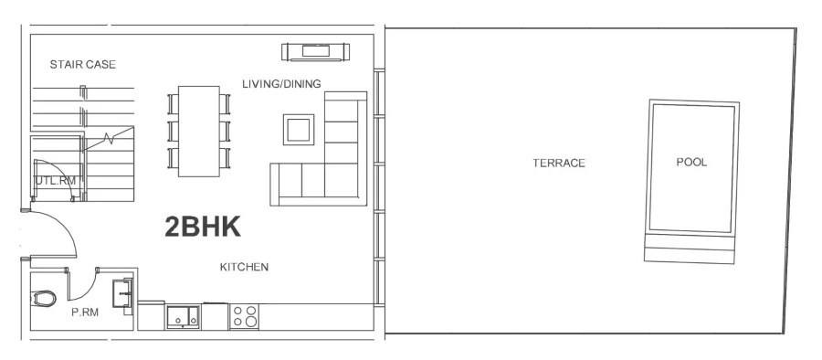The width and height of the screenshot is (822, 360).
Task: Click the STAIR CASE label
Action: pos(82,64)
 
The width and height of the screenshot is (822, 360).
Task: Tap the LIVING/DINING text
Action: pos(281,84)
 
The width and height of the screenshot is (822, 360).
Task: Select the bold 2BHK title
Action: pos(202,228)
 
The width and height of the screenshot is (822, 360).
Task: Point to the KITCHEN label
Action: pos(244,267)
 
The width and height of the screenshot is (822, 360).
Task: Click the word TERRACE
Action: pos(558,163)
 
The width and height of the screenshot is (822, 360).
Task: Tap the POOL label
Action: pos(691,162)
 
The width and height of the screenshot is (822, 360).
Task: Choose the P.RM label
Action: pos(84,311)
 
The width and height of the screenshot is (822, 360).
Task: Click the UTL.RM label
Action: pos(54,181)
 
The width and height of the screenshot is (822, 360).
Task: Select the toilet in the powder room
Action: pos(45,297)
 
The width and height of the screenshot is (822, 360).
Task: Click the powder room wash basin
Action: pos(121,294)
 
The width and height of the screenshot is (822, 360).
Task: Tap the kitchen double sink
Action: pos(184,316)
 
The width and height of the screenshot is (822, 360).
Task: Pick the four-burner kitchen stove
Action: pos(244,316)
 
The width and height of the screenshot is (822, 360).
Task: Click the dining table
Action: pos(199,131)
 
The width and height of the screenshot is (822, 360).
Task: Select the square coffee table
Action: pos(299,129)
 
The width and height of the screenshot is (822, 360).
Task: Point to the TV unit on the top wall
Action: pos(314,51)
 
